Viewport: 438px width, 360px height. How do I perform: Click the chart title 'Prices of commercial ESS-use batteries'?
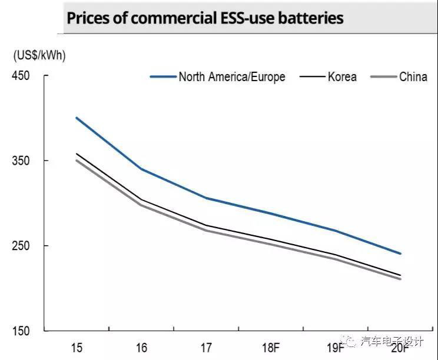[x=204, y=18]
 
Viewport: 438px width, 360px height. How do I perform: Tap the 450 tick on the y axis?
[x=21, y=76]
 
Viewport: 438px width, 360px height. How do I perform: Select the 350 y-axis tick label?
[x=21, y=161]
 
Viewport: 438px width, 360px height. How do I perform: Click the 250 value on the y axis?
[x=21, y=245]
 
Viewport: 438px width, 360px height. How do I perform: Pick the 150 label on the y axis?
[x=21, y=331]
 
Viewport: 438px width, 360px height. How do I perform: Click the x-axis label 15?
[x=77, y=347]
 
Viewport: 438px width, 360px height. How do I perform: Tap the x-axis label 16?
[x=141, y=347]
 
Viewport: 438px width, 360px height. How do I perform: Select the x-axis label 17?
[x=205, y=347]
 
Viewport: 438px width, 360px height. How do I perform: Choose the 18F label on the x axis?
[x=270, y=347]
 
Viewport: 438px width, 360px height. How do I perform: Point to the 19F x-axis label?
[x=334, y=347]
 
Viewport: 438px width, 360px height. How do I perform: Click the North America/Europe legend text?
[x=232, y=77]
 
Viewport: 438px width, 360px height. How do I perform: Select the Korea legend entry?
[x=342, y=77]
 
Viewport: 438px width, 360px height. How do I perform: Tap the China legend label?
[x=413, y=77]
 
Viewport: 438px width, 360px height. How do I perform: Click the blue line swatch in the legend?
[x=163, y=77]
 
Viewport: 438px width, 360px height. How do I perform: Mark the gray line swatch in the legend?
[x=383, y=77]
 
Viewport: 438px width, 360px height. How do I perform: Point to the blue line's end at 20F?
[x=400, y=254]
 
